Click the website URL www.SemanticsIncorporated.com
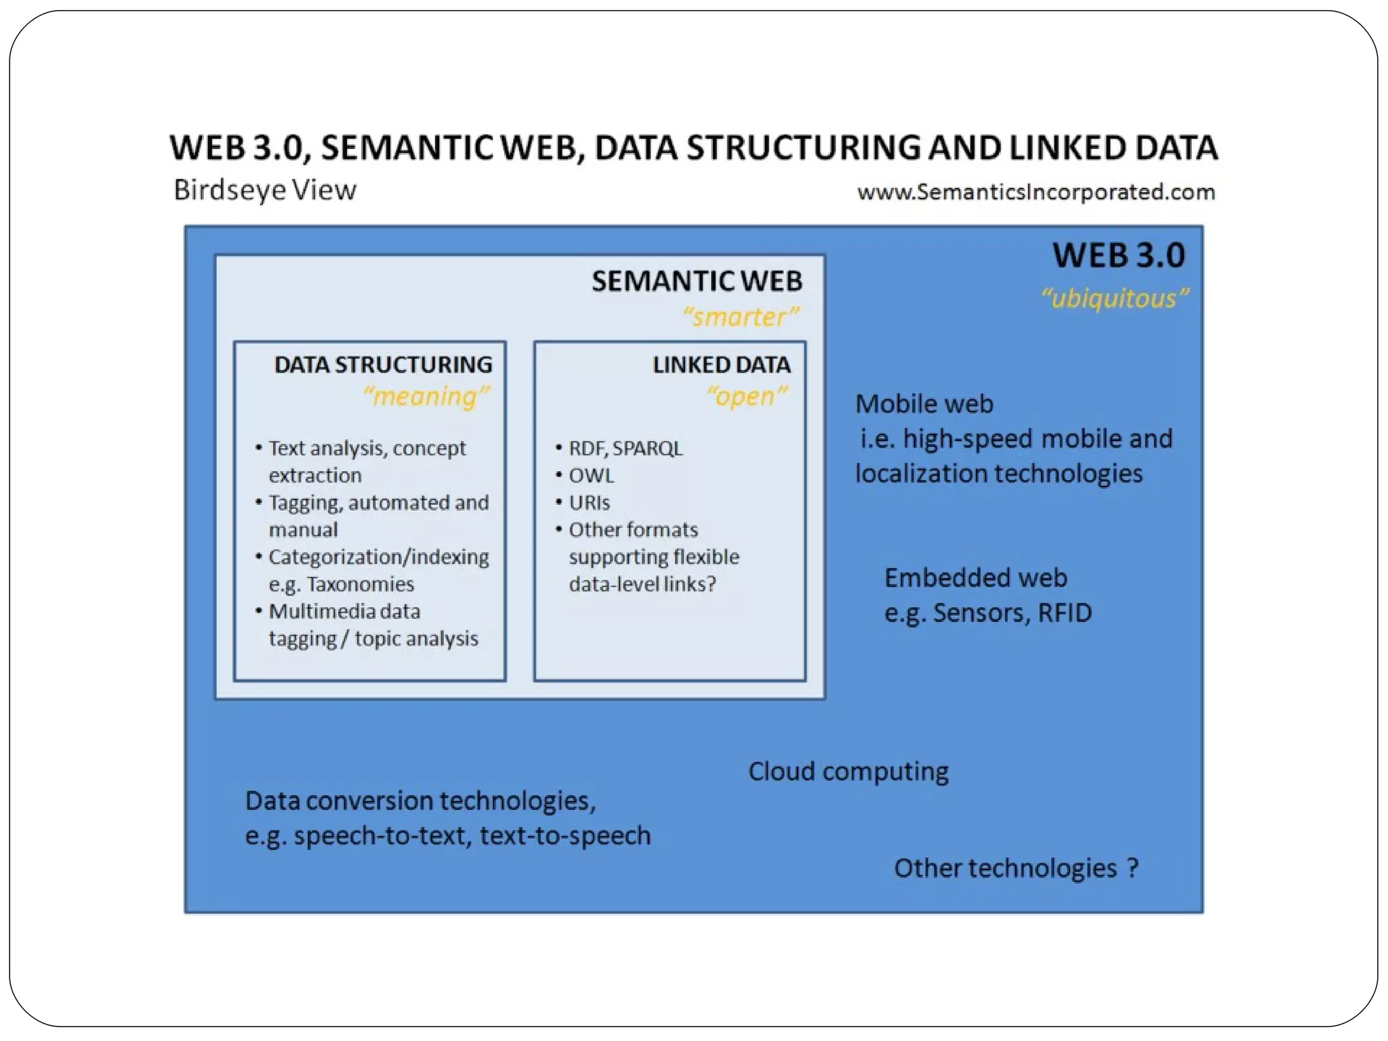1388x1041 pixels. [x=1036, y=192]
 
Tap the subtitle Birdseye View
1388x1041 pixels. [x=265, y=190]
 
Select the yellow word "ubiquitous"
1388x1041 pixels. [x=1114, y=299]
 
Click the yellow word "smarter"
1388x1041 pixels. [x=740, y=317]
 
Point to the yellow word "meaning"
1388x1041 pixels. [x=426, y=396]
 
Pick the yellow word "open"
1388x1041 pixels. [x=746, y=396]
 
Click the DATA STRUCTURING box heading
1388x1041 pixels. [x=383, y=365]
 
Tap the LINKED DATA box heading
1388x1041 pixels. [x=721, y=365]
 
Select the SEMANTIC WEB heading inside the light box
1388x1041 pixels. [x=697, y=281]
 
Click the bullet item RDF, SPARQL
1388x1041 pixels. [x=625, y=449]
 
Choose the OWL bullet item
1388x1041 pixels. [x=591, y=476]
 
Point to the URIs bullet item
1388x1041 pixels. [x=589, y=503]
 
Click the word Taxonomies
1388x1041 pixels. [x=360, y=584]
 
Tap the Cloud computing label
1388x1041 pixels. [x=848, y=772]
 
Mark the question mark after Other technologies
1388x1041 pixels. [x=1132, y=868]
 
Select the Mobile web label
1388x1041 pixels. [x=924, y=405]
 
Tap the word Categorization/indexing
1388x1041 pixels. [x=378, y=557]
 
